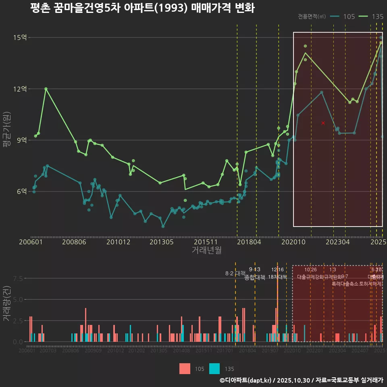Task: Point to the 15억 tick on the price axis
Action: click(x=20, y=37)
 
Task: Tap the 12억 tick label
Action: click(x=20, y=89)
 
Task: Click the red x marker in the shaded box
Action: click(x=323, y=123)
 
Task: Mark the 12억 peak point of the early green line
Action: click(x=46, y=89)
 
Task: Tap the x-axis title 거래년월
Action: click(x=206, y=250)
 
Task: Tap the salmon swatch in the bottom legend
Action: click(x=185, y=368)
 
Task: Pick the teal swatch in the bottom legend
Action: click(x=214, y=368)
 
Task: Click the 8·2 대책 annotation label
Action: click(x=235, y=273)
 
